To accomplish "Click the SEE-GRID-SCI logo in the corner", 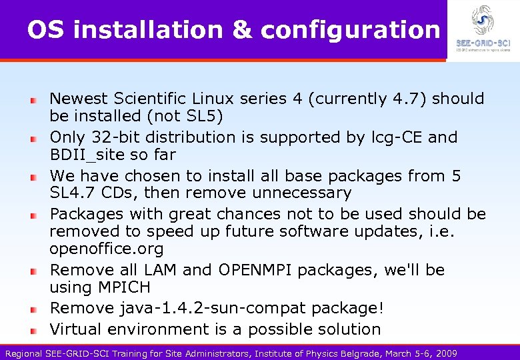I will [483, 29].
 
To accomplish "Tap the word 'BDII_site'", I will [87, 155].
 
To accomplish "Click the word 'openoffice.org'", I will [106, 249].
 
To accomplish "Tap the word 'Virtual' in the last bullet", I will [76, 329].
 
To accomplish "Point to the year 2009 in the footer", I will [445, 353].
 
